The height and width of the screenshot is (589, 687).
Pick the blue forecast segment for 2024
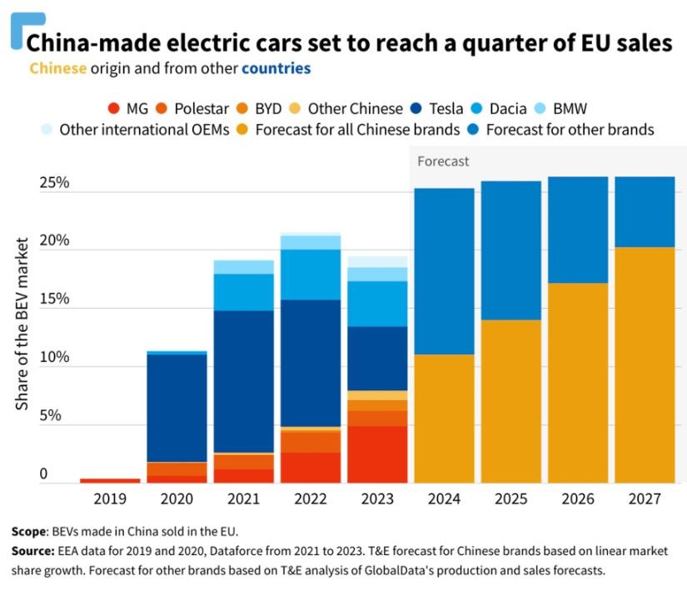coord(445,271)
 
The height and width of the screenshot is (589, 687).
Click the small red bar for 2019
coord(110,480)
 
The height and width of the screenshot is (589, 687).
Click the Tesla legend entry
coord(442,108)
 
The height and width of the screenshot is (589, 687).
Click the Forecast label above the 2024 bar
coord(443,161)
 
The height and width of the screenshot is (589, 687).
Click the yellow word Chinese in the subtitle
coord(57,67)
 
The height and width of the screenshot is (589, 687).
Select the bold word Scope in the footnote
coord(30,531)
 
